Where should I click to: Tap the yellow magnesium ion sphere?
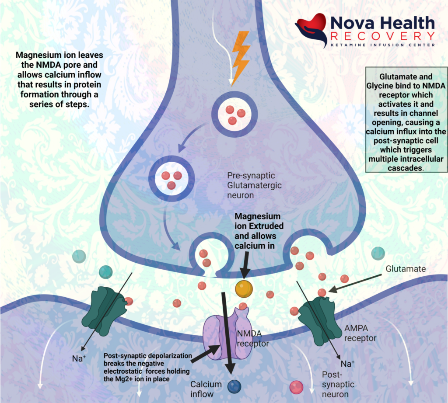pos(244,288)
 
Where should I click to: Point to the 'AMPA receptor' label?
pos(360,334)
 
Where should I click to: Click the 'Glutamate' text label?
pos(406,269)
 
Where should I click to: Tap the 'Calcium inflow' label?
pos(208,389)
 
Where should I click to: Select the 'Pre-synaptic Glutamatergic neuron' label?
pos(254,185)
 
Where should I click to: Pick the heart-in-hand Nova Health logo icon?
pos(312,29)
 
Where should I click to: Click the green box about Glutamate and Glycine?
pos(406,119)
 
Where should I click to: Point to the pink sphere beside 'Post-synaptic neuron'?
pos(296,386)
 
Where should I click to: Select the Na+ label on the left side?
pos(78,359)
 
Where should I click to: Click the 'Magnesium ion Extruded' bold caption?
pos(259,231)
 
